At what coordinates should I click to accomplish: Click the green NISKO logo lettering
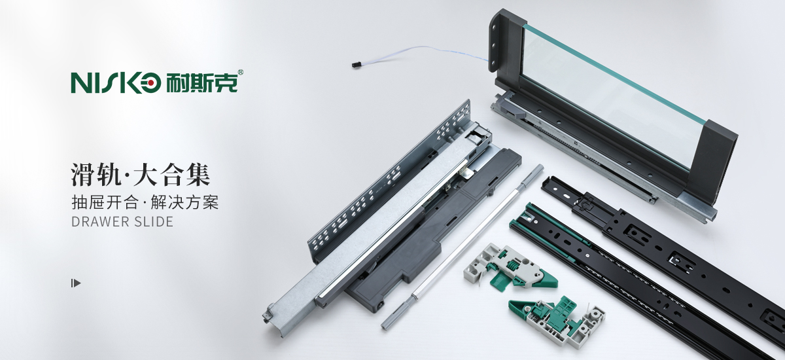click(x=116, y=83)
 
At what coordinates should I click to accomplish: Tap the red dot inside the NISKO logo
click(x=150, y=83)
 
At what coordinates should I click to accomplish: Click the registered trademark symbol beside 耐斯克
click(x=241, y=72)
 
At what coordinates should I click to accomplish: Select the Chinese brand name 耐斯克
click(x=201, y=83)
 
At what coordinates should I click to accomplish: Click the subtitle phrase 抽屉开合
click(x=105, y=203)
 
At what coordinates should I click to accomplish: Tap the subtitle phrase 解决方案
click(x=184, y=203)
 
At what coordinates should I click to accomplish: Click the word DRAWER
click(x=96, y=222)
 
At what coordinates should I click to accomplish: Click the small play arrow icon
click(x=76, y=283)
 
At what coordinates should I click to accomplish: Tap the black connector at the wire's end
click(x=357, y=65)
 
